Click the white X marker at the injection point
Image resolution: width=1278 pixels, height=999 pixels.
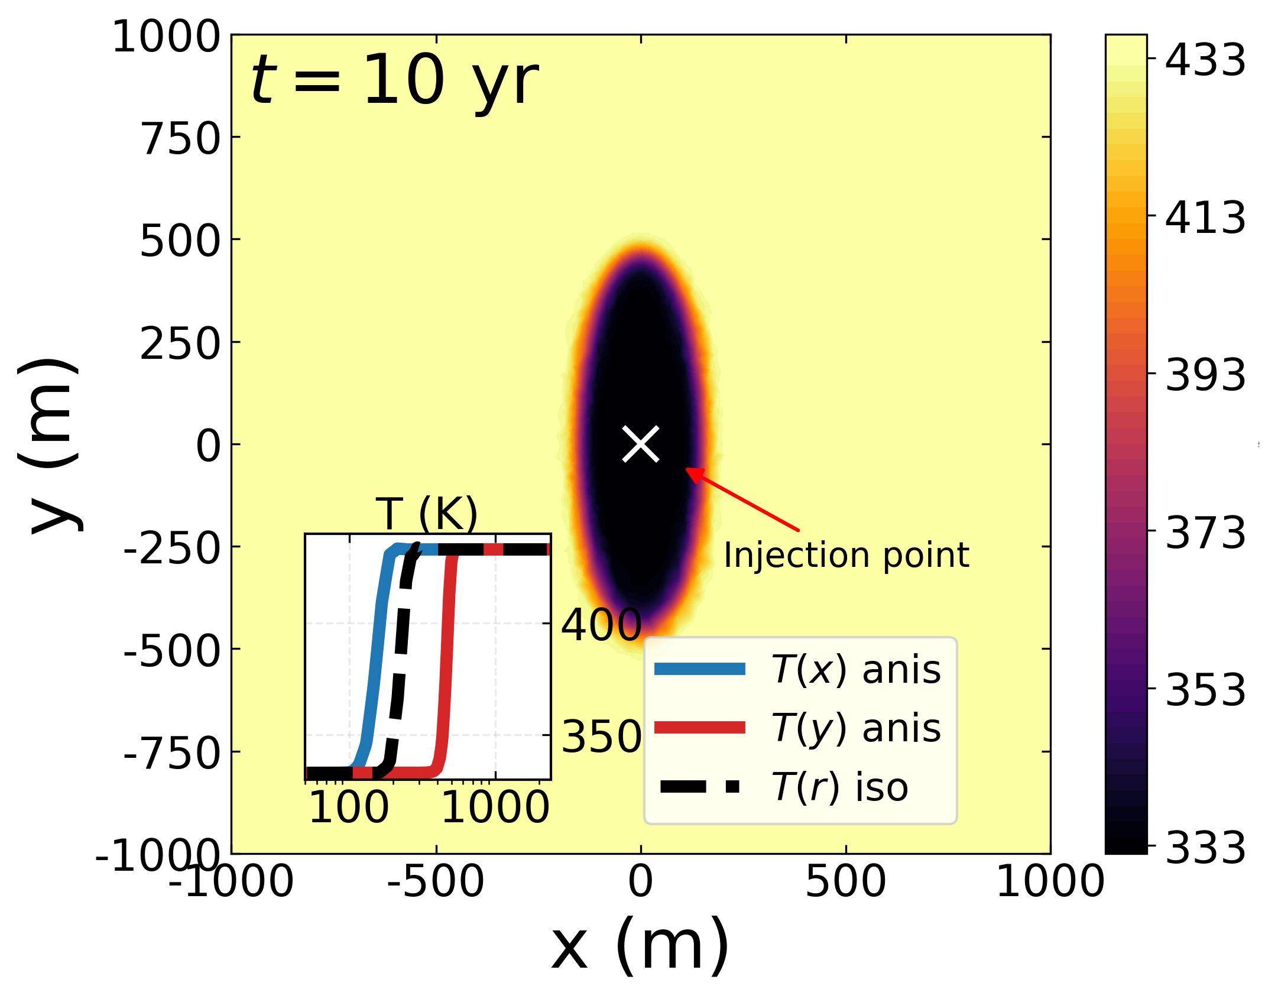tap(641, 444)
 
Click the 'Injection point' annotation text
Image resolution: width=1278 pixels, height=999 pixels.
tap(846, 556)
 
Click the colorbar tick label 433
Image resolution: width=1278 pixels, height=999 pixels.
tap(1205, 60)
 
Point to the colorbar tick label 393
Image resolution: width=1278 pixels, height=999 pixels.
tap(1205, 375)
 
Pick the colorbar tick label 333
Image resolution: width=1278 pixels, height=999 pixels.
tap(1205, 848)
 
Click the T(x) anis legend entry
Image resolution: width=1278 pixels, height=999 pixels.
tap(798, 670)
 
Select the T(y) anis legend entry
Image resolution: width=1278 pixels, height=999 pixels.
tap(798, 728)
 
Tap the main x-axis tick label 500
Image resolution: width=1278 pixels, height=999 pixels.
tap(846, 881)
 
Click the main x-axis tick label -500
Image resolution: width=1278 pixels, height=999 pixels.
tap(436, 881)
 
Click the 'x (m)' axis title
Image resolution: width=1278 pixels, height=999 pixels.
tap(641, 946)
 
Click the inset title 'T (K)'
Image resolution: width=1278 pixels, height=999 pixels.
tap(427, 513)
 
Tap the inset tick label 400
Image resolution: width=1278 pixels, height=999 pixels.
tap(602, 625)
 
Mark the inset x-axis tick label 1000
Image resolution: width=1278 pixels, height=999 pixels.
tap(495, 807)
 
